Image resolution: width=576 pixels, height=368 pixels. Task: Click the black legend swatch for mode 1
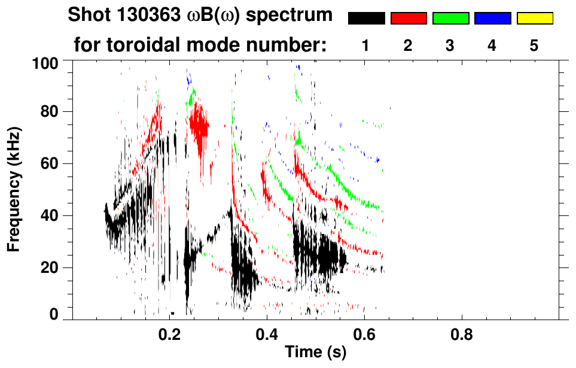click(x=366, y=19)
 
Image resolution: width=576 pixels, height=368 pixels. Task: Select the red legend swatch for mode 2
click(x=409, y=19)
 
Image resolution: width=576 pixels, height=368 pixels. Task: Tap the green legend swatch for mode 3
click(x=450, y=19)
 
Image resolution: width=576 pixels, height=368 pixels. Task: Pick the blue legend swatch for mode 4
click(x=492, y=19)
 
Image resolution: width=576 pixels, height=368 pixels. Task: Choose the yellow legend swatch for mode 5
click(x=534, y=19)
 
